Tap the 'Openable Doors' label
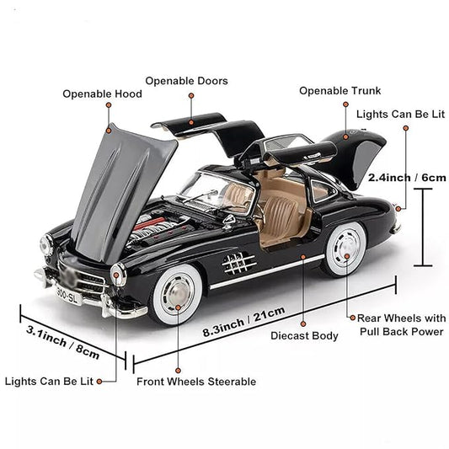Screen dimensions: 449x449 [186, 81]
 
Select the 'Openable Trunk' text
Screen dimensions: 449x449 [339, 91]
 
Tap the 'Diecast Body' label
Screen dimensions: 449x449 [304, 336]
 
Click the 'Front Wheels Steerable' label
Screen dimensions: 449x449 [196, 382]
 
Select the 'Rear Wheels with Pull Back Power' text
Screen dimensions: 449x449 [401, 324]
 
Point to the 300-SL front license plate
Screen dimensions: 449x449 [68, 295]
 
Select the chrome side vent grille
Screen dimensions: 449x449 [239, 264]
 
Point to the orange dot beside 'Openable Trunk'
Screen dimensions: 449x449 [345, 105]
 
